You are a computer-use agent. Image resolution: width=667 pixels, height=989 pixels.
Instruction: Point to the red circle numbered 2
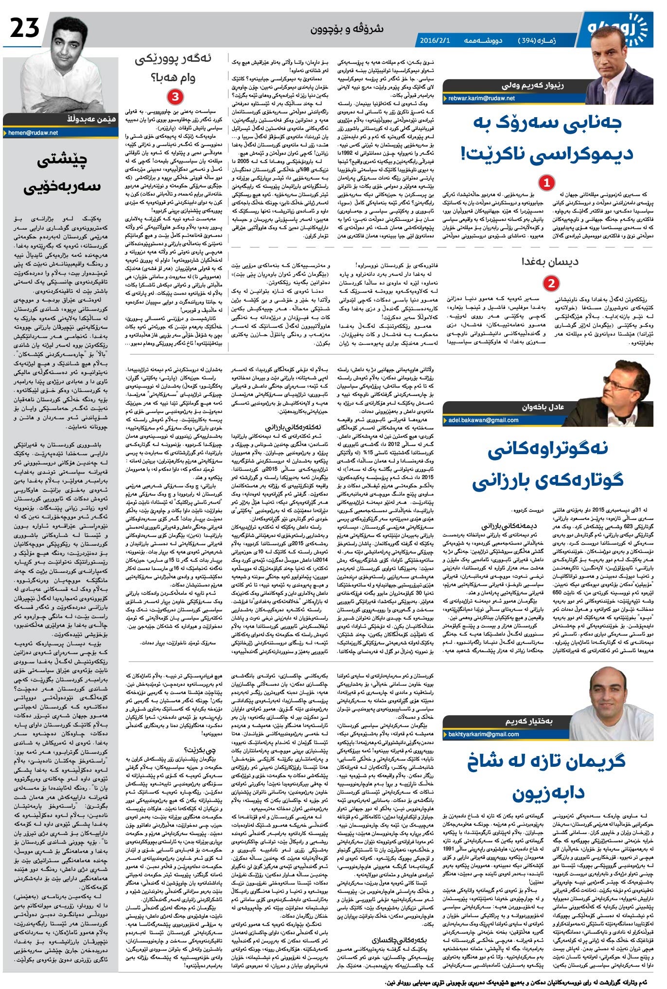[551, 283]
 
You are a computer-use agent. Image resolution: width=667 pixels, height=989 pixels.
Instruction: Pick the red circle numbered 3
[175, 96]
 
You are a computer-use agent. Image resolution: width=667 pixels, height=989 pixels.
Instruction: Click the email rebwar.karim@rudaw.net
[481, 98]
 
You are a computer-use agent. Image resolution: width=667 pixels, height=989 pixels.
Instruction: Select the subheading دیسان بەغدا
[557, 262]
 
